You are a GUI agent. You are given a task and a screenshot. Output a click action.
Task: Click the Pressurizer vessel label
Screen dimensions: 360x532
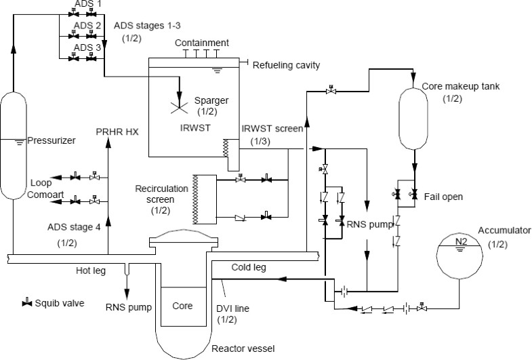pyautogui.click(x=51, y=141)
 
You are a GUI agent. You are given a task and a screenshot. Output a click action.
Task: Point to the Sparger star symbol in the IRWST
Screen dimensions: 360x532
pyautogui.click(x=180, y=104)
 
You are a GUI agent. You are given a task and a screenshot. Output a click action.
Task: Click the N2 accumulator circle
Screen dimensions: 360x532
pyautogui.click(x=459, y=256)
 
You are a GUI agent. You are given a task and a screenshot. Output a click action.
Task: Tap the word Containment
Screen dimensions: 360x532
pyautogui.click(x=201, y=43)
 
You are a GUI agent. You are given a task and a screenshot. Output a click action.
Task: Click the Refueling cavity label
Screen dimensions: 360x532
pyautogui.click(x=285, y=65)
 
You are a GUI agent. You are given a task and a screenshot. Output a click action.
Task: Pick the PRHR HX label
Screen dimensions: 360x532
pyautogui.click(x=117, y=132)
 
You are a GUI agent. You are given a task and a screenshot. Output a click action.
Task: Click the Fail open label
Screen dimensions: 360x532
pyautogui.click(x=445, y=197)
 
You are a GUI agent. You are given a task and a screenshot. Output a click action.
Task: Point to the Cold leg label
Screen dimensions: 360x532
pyautogui.click(x=248, y=267)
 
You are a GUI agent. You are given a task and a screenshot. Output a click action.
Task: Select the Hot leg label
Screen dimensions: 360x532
pyautogui.click(x=92, y=271)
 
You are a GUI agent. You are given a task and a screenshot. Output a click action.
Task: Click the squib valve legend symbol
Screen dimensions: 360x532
pyautogui.click(x=28, y=302)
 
